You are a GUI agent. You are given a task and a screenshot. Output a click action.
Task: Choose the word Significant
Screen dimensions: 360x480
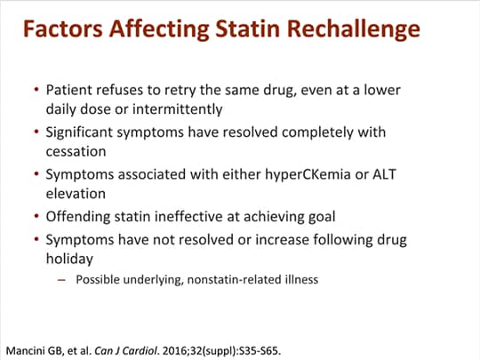82,132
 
